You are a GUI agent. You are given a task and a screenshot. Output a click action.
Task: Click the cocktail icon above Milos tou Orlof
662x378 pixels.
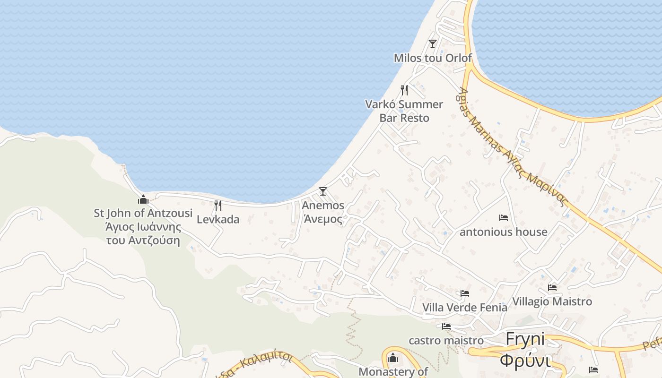(x=432, y=44)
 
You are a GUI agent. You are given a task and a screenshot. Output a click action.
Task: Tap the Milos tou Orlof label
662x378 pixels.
(x=433, y=58)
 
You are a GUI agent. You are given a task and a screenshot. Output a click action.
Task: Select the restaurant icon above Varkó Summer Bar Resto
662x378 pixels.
(x=404, y=90)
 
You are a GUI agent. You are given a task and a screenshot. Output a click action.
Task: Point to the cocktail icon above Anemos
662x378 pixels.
(x=323, y=191)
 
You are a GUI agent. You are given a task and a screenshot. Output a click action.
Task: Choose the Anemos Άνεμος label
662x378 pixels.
(x=323, y=212)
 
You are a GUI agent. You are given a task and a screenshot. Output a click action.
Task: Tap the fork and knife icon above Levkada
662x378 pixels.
(x=218, y=206)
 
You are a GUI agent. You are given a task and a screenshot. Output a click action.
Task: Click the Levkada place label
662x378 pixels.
(x=218, y=219)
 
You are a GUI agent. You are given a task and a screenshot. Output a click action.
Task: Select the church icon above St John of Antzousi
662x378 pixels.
(x=143, y=199)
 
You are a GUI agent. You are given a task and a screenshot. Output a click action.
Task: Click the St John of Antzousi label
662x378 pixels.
(x=143, y=227)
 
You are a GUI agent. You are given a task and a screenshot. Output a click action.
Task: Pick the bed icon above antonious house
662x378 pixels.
(x=504, y=218)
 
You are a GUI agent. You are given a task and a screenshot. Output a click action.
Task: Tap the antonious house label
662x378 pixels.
(x=504, y=232)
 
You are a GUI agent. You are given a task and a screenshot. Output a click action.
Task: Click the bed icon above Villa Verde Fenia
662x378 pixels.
(x=465, y=293)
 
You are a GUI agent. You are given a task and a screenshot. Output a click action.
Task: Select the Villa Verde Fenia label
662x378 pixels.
(x=465, y=308)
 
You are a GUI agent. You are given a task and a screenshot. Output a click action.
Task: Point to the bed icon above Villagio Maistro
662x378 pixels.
(x=552, y=287)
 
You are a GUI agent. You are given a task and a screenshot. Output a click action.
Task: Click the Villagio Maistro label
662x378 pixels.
(x=552, y=301)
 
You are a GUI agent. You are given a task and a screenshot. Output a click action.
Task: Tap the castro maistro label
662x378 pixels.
(x=446, y=340)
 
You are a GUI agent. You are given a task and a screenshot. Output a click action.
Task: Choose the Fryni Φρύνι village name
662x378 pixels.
(x=525, y=350)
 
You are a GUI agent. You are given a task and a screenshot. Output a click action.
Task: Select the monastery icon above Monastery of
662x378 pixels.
(x=392, y=358)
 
